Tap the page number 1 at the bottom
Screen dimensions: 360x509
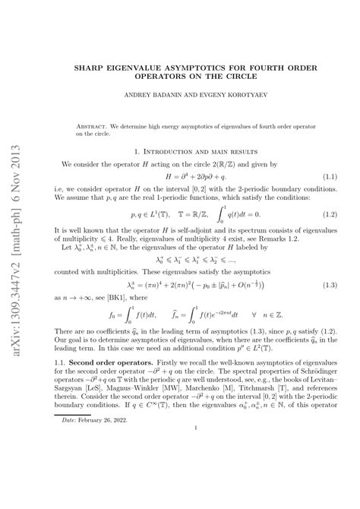(x=196, y=470)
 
